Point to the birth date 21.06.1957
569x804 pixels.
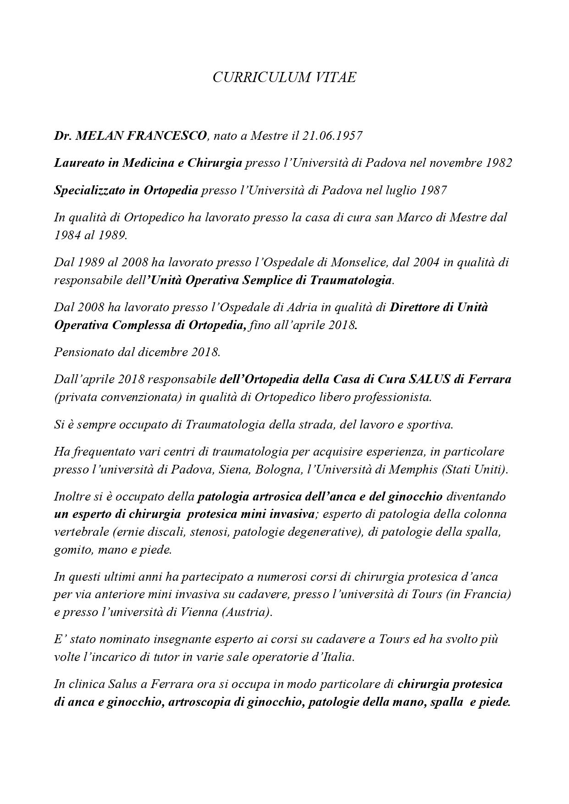[332, 136]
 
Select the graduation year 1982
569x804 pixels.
[498, 163]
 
